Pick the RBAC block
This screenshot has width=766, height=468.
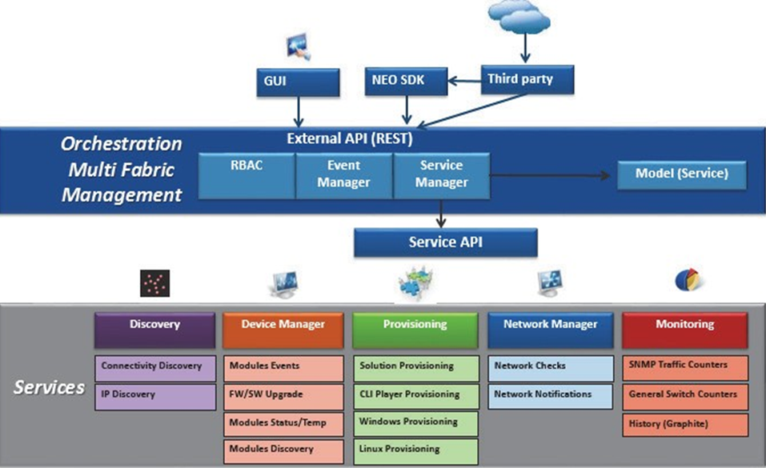tap(247, 174)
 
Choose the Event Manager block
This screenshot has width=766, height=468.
tap(344, 174)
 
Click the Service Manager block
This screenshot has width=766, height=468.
tap(441, 174)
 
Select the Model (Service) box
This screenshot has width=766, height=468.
tap(681, 173)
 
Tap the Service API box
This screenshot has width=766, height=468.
tap(445, 242)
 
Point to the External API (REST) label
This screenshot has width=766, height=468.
tap(349, 138)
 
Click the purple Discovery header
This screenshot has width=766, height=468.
tap(154, 325)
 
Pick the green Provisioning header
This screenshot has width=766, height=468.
tap(415, 325)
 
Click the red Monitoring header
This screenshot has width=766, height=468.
tap(684, 325)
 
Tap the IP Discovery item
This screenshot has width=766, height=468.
tap(154, 394)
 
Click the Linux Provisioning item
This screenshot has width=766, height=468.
tap(415, 449)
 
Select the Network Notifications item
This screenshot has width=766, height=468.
tap(551, 394)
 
